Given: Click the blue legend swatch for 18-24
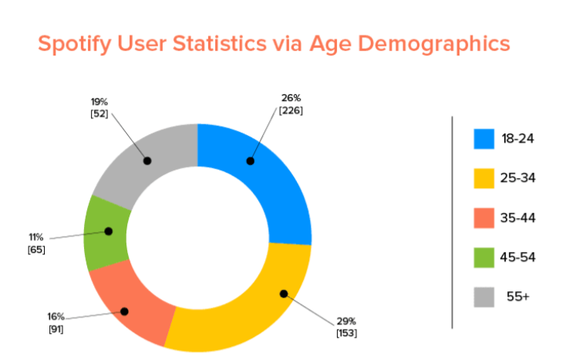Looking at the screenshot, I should (484, 139).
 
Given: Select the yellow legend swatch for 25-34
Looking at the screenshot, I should (484, 178).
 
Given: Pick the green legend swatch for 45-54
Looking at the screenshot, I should (484, 257).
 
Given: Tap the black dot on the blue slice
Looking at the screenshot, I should (249, 160).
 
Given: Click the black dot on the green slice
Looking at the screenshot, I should (108, 230).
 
